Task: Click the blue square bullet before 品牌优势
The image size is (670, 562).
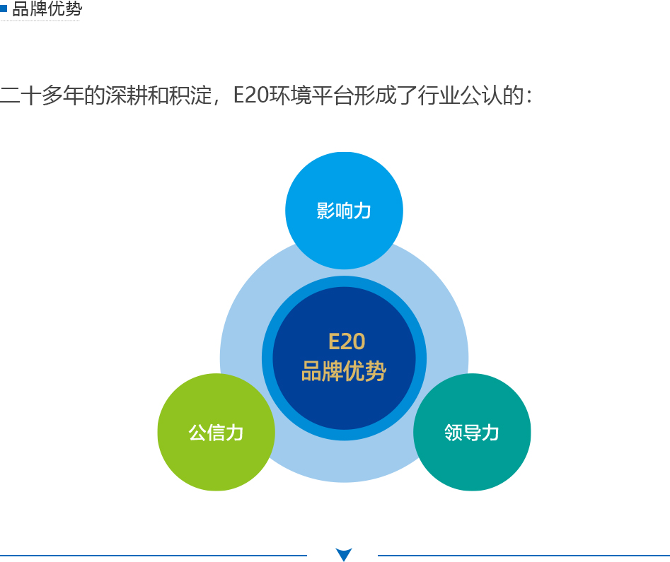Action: point(4,8)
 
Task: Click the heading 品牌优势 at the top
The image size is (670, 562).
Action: point(47,9)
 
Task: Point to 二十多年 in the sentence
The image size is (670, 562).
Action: point(42,95)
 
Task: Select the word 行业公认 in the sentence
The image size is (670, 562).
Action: point(460,95)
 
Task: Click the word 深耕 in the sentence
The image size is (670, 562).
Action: point(127,95)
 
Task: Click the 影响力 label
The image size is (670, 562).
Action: point(344,211)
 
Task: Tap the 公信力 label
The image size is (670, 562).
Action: point(216,433)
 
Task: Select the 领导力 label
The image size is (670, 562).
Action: point(472,433)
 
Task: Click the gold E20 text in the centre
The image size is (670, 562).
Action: point(347,341)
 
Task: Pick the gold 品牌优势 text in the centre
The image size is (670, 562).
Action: point(344,370)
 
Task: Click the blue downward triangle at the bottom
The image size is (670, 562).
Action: point(344,554)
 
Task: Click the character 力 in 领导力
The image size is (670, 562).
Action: point(490,433)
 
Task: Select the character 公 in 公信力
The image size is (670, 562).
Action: point(197,433)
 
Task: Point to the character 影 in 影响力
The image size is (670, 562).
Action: point(325,211)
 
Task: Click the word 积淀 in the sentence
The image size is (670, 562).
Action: point(190,95)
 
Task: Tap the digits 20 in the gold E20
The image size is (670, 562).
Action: point(352,341)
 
